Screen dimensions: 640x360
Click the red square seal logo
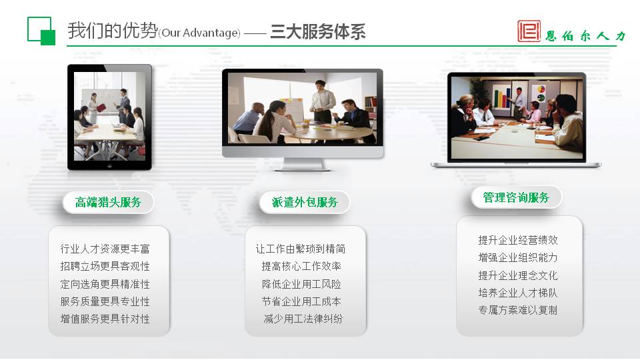[529, 31]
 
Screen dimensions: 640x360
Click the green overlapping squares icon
[41, 31]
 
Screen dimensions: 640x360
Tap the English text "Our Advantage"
[199, 33]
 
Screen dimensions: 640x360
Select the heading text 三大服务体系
[317, 32]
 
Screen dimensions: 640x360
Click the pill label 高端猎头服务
[108, 202]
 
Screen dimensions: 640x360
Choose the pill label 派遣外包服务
[305, 202]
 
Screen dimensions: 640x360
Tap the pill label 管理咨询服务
[516, 197]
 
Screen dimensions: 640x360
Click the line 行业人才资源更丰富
[105, 249]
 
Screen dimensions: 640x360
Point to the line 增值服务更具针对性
[105, 319]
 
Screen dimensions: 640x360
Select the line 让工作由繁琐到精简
[301, 249]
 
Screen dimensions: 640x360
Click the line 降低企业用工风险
[301, 284]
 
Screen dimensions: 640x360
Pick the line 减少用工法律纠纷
[303, 319]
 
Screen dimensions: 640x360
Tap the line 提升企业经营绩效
[518, 240]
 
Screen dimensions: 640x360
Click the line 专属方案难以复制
[518, 310]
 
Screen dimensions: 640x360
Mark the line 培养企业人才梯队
[518, 293]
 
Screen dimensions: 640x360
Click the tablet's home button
[109, 166]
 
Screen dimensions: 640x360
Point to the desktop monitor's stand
[303, 164]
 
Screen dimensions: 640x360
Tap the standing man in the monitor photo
[322, 101]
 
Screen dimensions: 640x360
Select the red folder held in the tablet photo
[101, 108]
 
